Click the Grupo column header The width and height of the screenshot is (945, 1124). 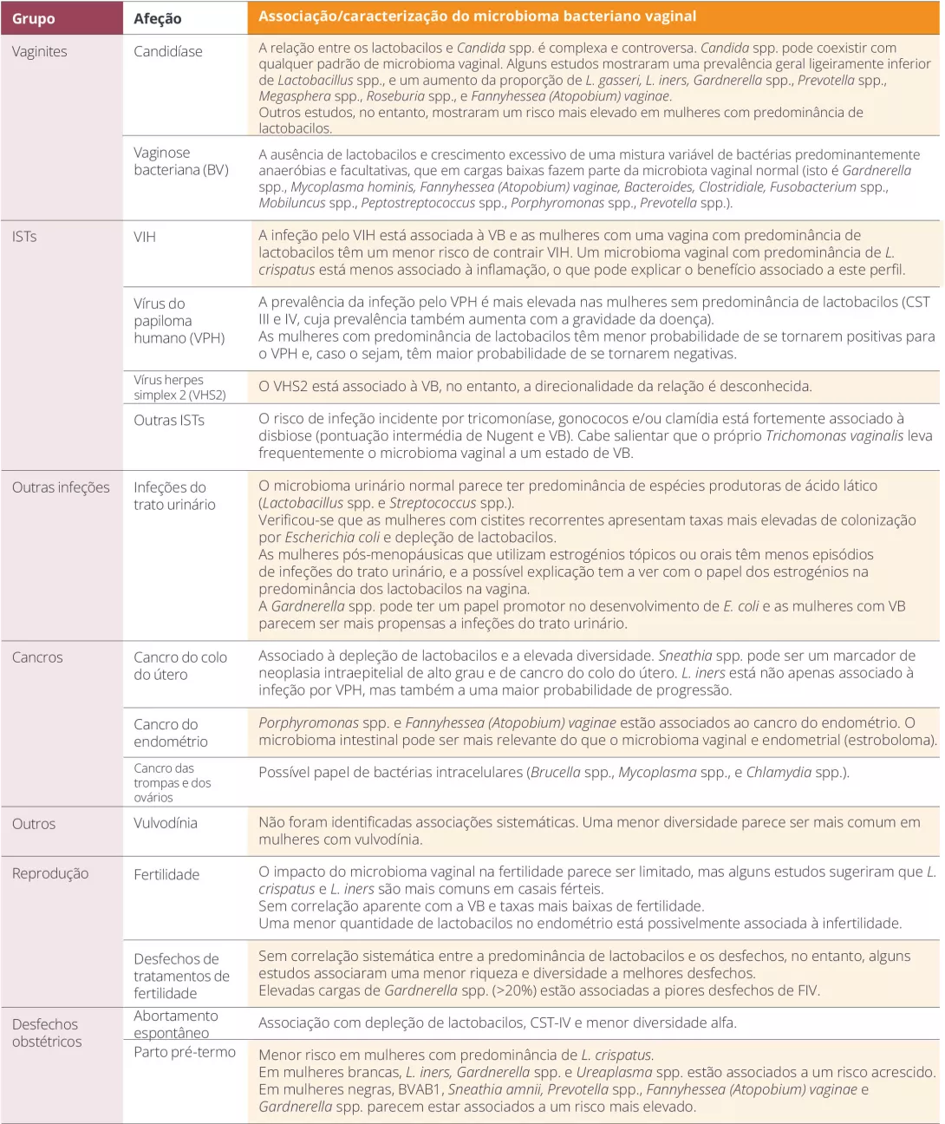point(34,18)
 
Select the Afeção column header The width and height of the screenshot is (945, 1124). point(158,18)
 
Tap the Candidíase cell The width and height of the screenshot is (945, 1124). point(168,51)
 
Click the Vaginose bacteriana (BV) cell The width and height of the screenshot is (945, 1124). point(181,161)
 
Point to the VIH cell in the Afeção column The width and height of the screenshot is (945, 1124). point(145,237)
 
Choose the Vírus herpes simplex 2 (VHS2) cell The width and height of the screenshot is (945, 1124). point(179,387)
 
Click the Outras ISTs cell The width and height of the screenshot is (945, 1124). point(169,420)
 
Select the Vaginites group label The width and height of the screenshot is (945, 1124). point(40,51)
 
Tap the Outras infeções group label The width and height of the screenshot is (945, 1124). point(61,487)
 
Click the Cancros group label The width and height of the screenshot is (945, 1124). point(37,657)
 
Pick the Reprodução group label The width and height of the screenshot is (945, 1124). point(50,873)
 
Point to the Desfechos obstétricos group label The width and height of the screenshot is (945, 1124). point(47,1033)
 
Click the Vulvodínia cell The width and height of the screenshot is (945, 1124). point(166,823)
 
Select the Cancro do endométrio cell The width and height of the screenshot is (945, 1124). point(171,733)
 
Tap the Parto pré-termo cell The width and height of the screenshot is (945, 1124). point(185,1052)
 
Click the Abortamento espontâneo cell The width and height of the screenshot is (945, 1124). point(176,1024)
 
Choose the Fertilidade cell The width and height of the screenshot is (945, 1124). point(166,874)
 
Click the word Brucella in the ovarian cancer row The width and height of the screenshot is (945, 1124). point(556,772)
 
